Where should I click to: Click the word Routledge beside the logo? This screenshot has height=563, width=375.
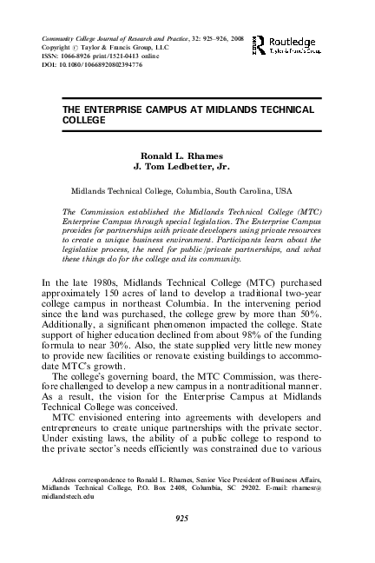(292, 41)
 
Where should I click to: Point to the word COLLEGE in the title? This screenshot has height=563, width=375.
(84, 123)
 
